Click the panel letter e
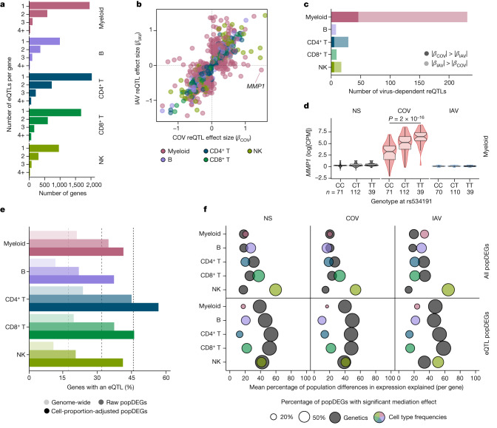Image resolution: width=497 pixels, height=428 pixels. pos(4,211)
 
